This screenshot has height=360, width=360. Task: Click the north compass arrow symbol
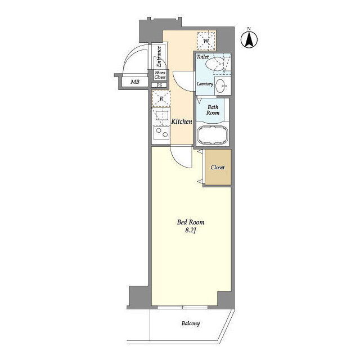pos(249,39)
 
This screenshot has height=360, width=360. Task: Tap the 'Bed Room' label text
pos(191,222)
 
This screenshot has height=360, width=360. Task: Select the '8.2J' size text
pos(190,231)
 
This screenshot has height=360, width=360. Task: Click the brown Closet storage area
pos(218,167)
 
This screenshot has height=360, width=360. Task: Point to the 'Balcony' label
pos(191,323)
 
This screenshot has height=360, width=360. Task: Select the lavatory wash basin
pos(221,85)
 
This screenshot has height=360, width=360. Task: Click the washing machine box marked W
pos(206,41)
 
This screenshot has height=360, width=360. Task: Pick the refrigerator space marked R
pos(161,99)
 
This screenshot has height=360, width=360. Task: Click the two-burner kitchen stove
pos(161,133)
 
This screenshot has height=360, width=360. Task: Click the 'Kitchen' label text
pos(182,121)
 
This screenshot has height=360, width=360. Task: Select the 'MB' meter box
pos(135,82)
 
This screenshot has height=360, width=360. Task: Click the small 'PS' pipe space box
pos(159,85)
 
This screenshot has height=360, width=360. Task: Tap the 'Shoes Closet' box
pos(160,75)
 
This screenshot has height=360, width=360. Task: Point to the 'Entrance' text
pos(159,57)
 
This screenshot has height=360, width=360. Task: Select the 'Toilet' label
pos(202,56)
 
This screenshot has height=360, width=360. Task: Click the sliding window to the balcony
pos(182,307)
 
